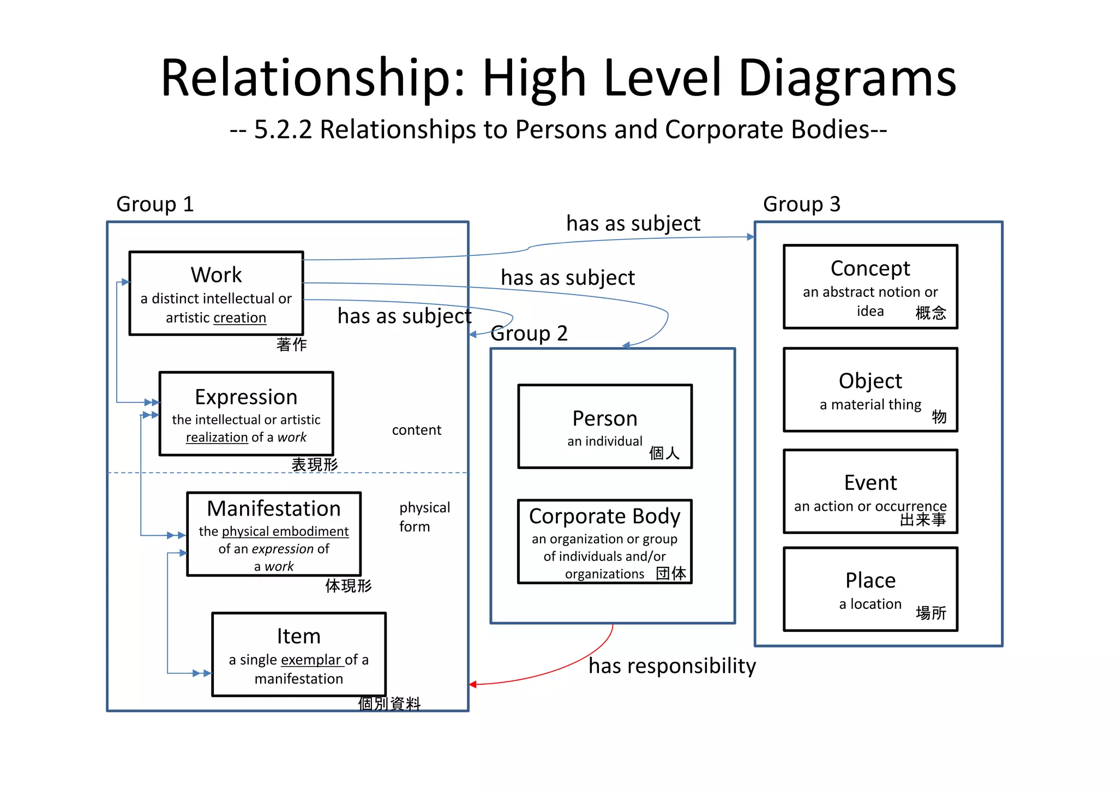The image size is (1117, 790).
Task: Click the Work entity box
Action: point(216,293)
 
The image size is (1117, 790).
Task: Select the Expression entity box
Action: point(246,414)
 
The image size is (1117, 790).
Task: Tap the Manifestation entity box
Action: point(274,534)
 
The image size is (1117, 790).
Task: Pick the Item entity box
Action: point(299,654)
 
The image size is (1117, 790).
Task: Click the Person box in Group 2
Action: point(605,426)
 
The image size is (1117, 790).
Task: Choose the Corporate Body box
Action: point(605,541)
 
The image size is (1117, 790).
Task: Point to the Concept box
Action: point(870,286)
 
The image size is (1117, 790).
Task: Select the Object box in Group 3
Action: point(870,390)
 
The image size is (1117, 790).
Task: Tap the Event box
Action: point(870,491)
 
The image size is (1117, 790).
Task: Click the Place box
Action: point(870,589)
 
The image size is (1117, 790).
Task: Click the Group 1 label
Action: point(155,204)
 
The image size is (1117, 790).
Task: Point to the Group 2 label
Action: point(529,333)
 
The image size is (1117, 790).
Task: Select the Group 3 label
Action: point(802,204)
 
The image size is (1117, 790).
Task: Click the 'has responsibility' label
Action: point(672,666)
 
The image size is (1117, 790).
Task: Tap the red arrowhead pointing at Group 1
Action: point(473,684)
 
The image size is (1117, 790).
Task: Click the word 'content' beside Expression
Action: point(417,430)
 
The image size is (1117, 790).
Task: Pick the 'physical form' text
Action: point(424,517)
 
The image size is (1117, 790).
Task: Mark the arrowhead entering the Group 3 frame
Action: point(750,237)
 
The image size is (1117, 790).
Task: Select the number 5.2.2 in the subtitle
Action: point(283,130)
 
